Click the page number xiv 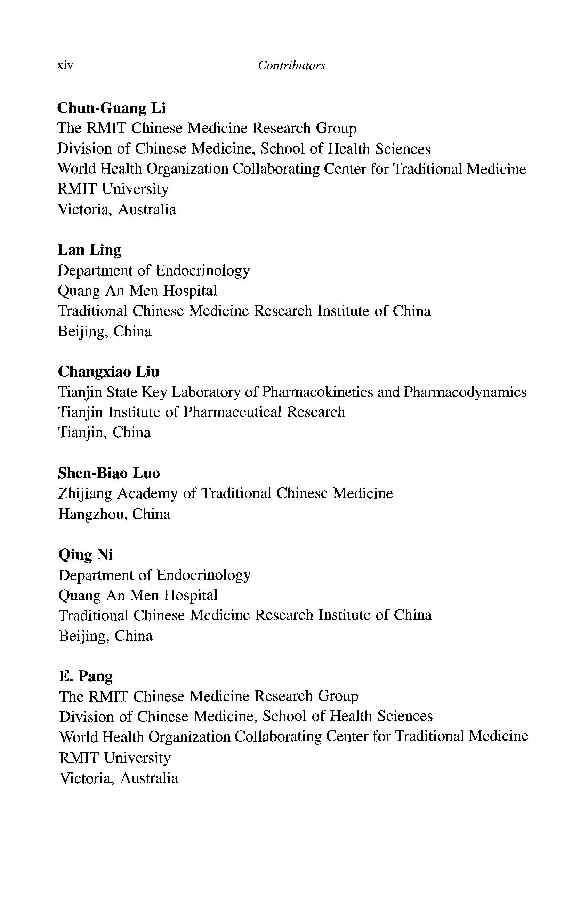point(65,66)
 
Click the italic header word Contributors point(291,66)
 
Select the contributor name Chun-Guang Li point(111,108)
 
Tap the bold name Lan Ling point(89,250)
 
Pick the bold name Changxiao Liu point(108,372)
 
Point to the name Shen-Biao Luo point(109,473)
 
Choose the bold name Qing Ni point(86,555)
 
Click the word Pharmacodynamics point(465,392)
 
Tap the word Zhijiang point(85,493)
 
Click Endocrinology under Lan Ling point(202,271)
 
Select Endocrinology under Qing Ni point(203,575)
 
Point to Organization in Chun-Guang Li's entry point(187,169)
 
